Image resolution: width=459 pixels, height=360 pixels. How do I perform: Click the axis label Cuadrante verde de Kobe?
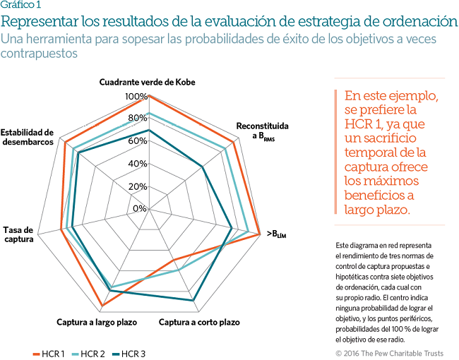coord(147,82)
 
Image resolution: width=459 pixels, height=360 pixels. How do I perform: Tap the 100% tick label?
coord(136,97)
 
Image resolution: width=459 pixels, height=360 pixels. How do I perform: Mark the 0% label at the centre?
coord(140,209)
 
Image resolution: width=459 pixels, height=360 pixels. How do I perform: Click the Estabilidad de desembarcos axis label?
coord(27,137)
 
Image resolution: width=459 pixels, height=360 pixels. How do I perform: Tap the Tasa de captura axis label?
coord(18,235)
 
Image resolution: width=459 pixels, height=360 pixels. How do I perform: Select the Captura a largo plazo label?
coord(97,323)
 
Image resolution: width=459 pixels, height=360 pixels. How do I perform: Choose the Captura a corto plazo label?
coord(199,323)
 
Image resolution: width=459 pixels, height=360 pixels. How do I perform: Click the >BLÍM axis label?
coord(276,234)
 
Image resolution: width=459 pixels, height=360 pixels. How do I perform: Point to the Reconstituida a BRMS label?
coord(262,131)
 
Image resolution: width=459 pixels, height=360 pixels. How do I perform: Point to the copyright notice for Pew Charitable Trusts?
coord(390,352)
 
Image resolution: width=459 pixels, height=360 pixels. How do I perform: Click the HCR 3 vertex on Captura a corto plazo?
coord(193,301)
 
